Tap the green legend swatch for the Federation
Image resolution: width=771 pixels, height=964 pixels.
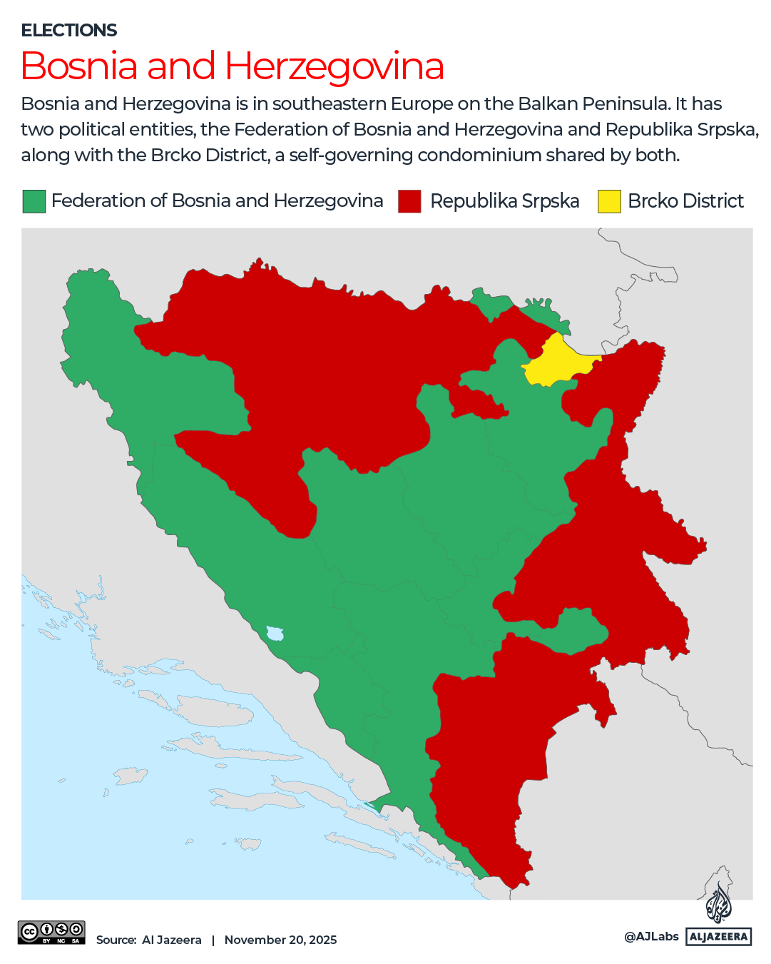tap(34, 201)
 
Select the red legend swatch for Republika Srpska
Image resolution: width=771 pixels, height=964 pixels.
tap(409, 201)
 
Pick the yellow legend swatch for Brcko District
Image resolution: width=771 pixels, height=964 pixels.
tap(609, 201)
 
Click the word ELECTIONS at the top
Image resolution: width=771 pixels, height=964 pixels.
tap(69, 31)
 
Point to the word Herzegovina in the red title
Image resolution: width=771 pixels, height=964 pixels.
tap(335, 66)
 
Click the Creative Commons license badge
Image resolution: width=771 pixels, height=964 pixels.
tap(51, 933)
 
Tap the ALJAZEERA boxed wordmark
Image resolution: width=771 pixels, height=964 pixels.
tap(718, 937)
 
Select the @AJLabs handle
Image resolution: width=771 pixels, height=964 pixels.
tap(651, 936)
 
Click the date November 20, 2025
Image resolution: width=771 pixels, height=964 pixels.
tap(280, 940)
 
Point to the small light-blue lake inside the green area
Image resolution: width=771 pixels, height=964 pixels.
tap(275, 633)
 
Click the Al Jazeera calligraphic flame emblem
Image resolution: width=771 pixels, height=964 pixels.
tap(718, 903)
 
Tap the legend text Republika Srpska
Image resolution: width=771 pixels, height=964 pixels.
tap(504, 201)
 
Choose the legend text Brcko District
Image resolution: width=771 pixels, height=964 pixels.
tap(685, 201)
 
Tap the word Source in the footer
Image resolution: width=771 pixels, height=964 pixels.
tap(116, 940)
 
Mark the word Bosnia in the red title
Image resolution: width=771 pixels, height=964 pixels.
tap(79, 66)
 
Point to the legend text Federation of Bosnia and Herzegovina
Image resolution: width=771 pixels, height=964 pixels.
tap(217, 201)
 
